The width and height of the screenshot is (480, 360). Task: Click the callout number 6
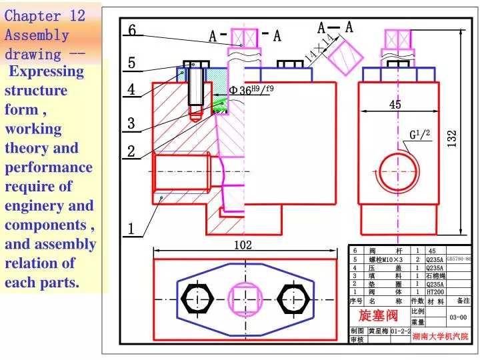(x=132, y=30)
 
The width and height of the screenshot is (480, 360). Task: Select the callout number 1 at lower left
(x=131, y=229)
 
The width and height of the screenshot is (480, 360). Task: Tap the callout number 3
(x=131, y=123)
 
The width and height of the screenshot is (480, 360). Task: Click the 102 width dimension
(x=243, y=245)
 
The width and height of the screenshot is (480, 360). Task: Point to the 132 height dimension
(x=453, y=139)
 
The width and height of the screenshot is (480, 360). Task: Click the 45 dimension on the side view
(x=395, y=105)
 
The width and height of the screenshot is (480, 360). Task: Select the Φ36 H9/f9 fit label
(x=251, y=90)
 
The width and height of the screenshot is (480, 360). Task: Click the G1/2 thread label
(x=420, y=135)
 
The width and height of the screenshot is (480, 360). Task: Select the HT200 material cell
(x=435, y=291)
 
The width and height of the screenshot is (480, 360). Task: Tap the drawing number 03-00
(x=459, y=317)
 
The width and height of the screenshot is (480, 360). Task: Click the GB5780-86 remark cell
(x=459, y=259)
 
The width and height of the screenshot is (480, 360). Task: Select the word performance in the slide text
(x=49, y=167)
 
